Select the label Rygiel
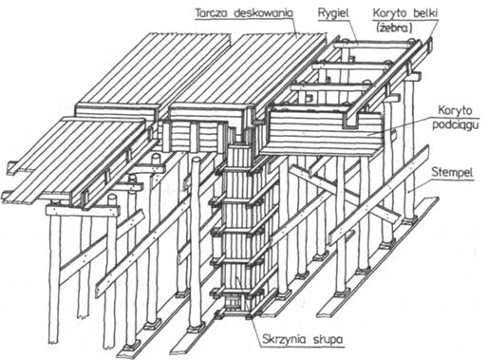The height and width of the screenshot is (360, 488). pos(333,13)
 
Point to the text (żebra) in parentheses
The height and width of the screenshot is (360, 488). pos(394,28)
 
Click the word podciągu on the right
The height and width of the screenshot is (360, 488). pos(456,125)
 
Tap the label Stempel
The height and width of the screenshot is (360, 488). pos(452,173)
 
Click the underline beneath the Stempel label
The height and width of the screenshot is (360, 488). pos(453,180)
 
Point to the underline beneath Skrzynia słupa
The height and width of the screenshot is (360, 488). pos(303,347)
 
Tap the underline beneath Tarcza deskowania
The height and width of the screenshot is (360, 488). pos(244,20)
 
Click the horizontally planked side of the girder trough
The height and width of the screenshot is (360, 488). pos(323,131)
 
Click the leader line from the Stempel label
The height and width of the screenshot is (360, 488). pos(420,185)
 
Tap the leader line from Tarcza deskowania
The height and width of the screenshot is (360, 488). pos(295,27)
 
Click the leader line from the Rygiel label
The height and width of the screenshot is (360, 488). pos(353,29)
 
